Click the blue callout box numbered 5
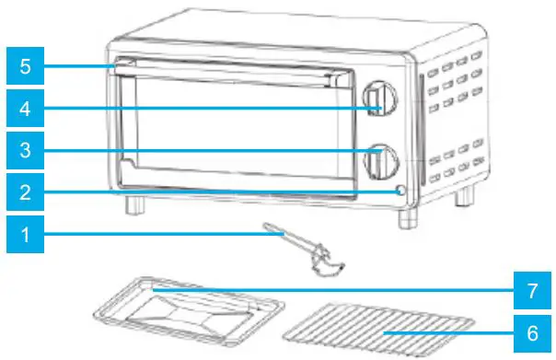click(x=25, y=66)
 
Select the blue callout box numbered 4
click(x=25, y=110)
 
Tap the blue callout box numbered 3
click(x=25, y=149)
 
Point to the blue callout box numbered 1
click(x=25, y=235)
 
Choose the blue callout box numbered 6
click(x=531, y=331)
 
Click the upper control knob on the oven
click(x=377, y=99)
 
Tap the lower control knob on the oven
click(x=377, y=160)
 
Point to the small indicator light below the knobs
click(x=400, y=192)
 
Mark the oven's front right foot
click(x=404, y=219)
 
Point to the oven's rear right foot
click(x=468, y=195)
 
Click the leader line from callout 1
click(x=156, y=235)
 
